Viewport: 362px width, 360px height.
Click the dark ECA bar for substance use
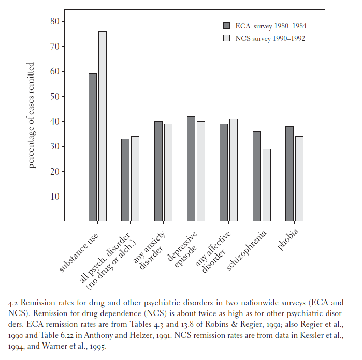pyautogui.click(x=93, y=147)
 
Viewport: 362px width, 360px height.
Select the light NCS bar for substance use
pyautogui.click(x=103, y=126)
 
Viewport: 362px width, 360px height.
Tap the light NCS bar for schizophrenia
pyautogui.click(x=267, y=185)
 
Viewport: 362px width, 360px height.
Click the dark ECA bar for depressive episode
pyautogui.click(x=191, y=169)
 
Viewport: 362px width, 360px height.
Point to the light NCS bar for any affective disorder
pyautogui.click(x=234, y=170)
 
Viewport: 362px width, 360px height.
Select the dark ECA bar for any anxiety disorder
pyautogui.click(x=158, y=171)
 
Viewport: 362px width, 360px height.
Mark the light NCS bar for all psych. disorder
pyautogui.click(x=135, y=179)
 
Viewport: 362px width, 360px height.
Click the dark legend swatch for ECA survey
pyautogui.click(x=226, y=25)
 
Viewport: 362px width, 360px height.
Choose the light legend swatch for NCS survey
pyautogui.click(x=226, y=38)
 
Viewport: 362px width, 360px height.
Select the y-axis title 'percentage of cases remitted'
pyautogui.click(x=31, y=115)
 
